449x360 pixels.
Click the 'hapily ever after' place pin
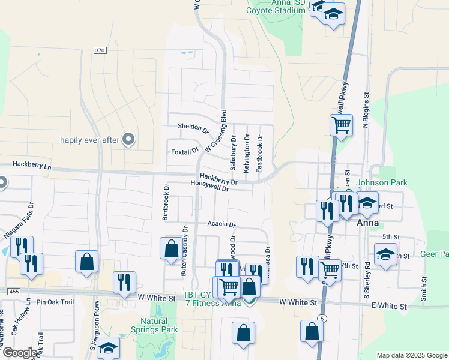click(x=128, y=139)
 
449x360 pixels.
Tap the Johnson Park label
click(x=382, y=182)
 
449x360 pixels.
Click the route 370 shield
click(x=100, y=50)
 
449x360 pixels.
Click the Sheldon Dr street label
click(x=193, y=128)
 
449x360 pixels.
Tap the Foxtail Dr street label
click(x=184, y=151)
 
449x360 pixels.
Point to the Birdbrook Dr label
click(x=167, y=203)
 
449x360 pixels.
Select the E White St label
click(x=389, y=307)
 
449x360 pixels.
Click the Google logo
click(x=20, y=353)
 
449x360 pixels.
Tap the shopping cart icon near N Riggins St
click(x=341, y=125)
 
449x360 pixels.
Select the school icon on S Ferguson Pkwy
click(x=108, y=347)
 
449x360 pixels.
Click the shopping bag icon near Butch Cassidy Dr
click(x=171, y=248)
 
